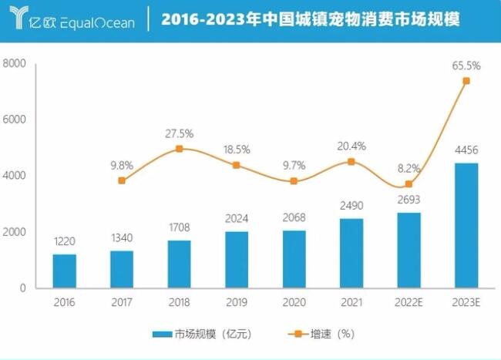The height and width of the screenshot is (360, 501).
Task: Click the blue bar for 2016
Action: pyautogui.click(x=65, y=271)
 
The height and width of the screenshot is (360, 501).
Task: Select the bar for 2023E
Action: pyautogui.click(x=466, y=225)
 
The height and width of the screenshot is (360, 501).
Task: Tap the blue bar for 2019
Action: pyautogui.click(x=237, y=259)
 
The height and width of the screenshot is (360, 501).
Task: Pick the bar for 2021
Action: pyautogui.click(x=351, y=253)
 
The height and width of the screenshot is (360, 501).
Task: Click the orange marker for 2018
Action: pyautogui.click(x=180, y=149)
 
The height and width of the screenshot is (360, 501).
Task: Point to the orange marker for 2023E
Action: pyautogui.click(x=466, y=81)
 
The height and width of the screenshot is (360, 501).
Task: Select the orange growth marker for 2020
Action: pyautogui.click(x=294, y=181)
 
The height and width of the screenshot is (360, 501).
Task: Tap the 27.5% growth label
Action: pyautogui.click(x=180, y=133)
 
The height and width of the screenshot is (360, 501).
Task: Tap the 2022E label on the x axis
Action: pyautogui.click(x=409, y=302)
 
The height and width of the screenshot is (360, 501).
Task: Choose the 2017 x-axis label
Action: pyautogui.click(x=122, y=302)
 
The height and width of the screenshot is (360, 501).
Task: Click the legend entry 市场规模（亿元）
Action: pyautogui.click(x=201, y=334)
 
